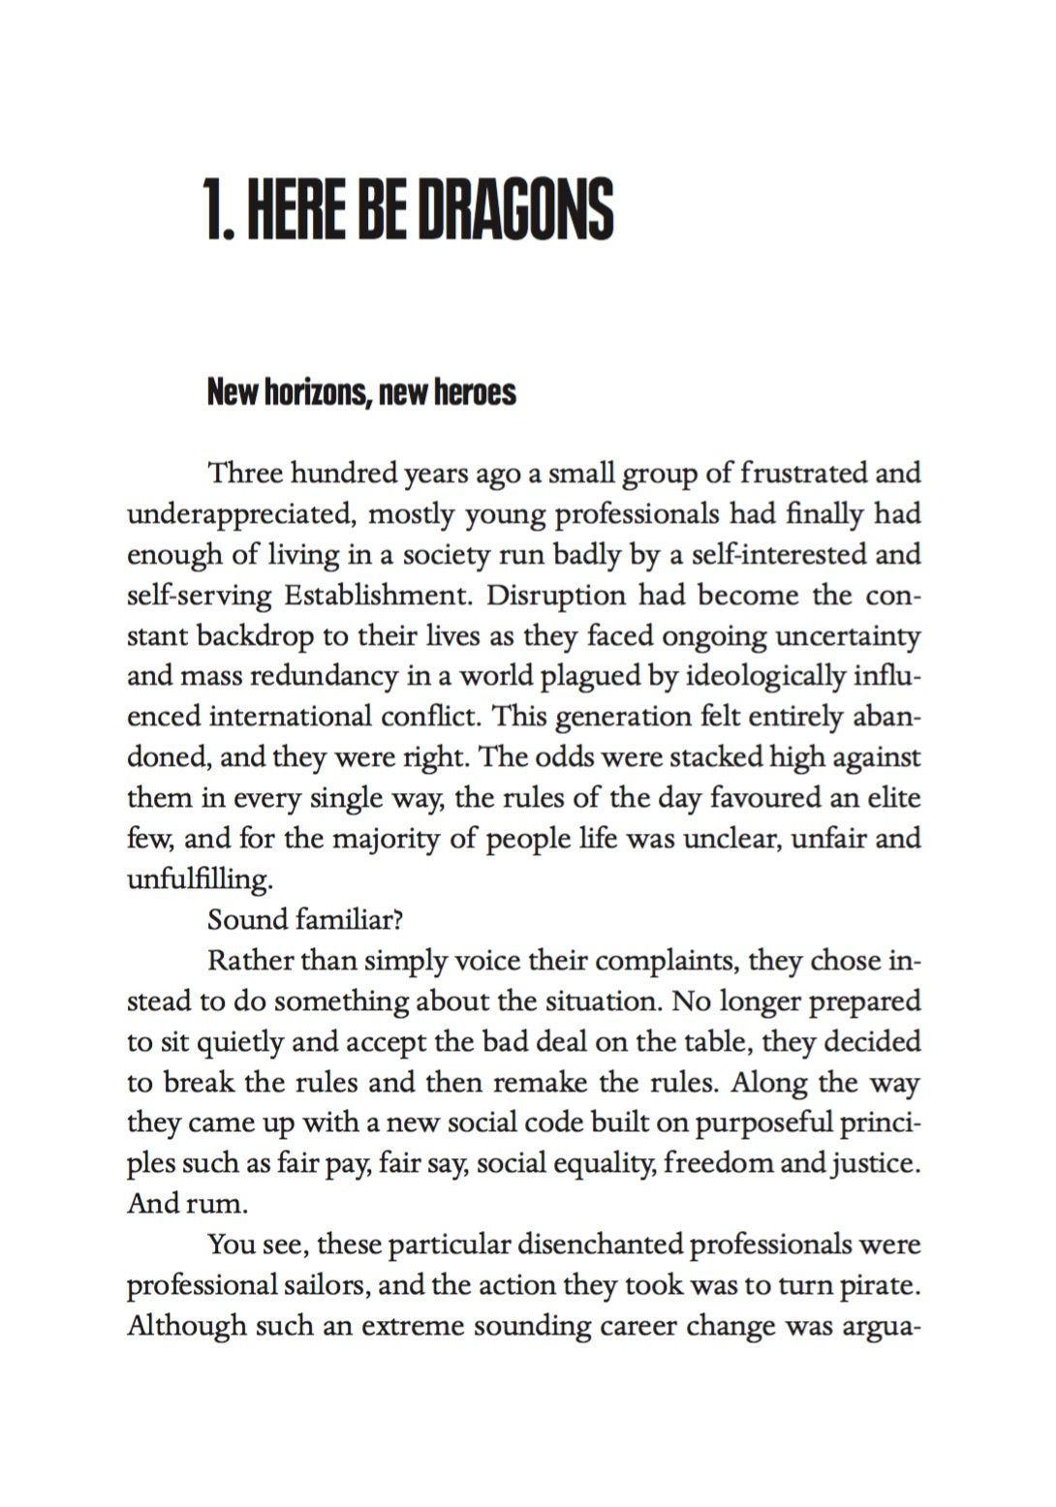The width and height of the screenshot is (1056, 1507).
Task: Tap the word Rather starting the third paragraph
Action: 248,961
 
